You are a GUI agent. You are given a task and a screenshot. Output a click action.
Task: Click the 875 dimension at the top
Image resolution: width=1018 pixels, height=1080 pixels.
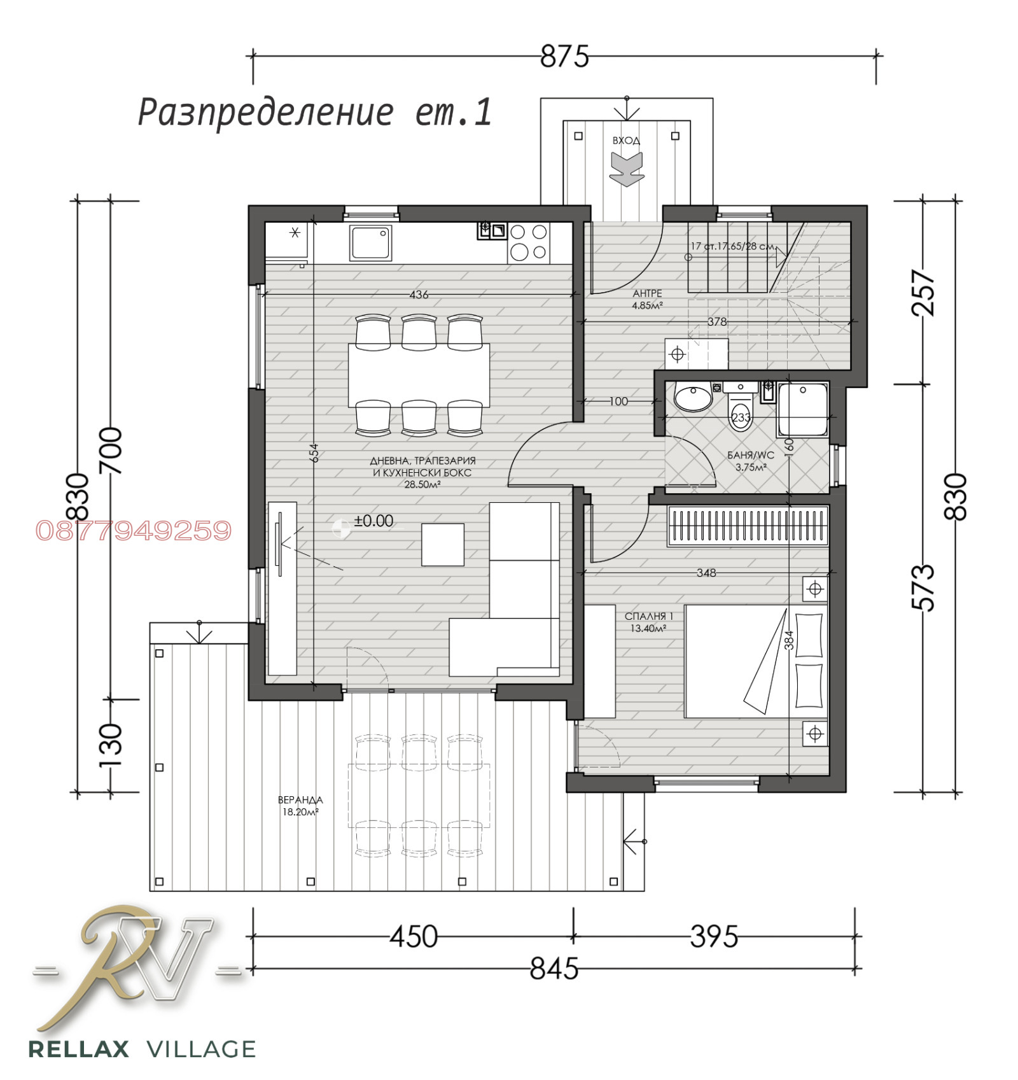[x=564, y=57]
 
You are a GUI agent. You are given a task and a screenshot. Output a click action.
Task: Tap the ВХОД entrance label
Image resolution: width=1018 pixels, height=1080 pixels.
[x=626, y=141]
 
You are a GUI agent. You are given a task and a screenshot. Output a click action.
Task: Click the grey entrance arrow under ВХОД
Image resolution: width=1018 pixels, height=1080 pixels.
[x=627, y=169]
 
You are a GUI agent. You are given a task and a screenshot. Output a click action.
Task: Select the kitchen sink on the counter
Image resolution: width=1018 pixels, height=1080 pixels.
[x=370, y=242]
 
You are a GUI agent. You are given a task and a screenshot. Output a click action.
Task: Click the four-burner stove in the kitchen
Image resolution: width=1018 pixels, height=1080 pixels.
[x=528, y=242]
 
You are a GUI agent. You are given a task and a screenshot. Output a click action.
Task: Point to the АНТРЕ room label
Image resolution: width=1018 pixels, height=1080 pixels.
[x=647, y=293]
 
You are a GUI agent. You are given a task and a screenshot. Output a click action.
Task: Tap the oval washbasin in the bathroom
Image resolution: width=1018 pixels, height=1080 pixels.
[x=693, y=399]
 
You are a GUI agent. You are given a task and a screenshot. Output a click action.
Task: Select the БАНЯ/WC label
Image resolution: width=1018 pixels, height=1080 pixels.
[x=750, y=455]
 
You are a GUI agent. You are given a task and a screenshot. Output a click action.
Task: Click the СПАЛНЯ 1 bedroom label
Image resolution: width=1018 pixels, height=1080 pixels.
[x=648, y=616]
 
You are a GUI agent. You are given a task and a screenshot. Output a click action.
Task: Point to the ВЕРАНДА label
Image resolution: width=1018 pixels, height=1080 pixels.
[x=300, y=799]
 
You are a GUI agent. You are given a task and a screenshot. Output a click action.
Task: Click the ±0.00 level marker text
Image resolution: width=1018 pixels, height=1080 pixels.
[x=373, y=521]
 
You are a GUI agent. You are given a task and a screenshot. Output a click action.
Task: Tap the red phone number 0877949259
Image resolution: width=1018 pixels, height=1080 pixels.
[x=134, y=531]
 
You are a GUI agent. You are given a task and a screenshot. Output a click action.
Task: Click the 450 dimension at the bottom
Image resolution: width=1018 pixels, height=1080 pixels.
[x=414, y=937]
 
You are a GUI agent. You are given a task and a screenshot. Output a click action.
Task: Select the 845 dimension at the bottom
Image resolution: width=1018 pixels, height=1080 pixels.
[x=554, y=969]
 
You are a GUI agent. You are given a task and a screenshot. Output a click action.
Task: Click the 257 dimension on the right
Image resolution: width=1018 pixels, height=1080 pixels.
[x=924, y=293]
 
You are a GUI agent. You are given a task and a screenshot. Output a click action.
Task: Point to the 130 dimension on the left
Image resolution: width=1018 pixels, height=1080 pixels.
[x=111, y=745]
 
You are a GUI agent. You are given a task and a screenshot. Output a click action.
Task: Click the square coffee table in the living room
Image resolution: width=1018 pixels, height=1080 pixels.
[x=442, y=544]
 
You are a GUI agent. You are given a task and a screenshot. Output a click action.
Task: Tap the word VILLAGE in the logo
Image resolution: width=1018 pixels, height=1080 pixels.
[x=201, y=1049]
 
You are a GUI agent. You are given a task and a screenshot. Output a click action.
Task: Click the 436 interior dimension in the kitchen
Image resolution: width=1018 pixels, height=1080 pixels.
[x=419, y=295]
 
